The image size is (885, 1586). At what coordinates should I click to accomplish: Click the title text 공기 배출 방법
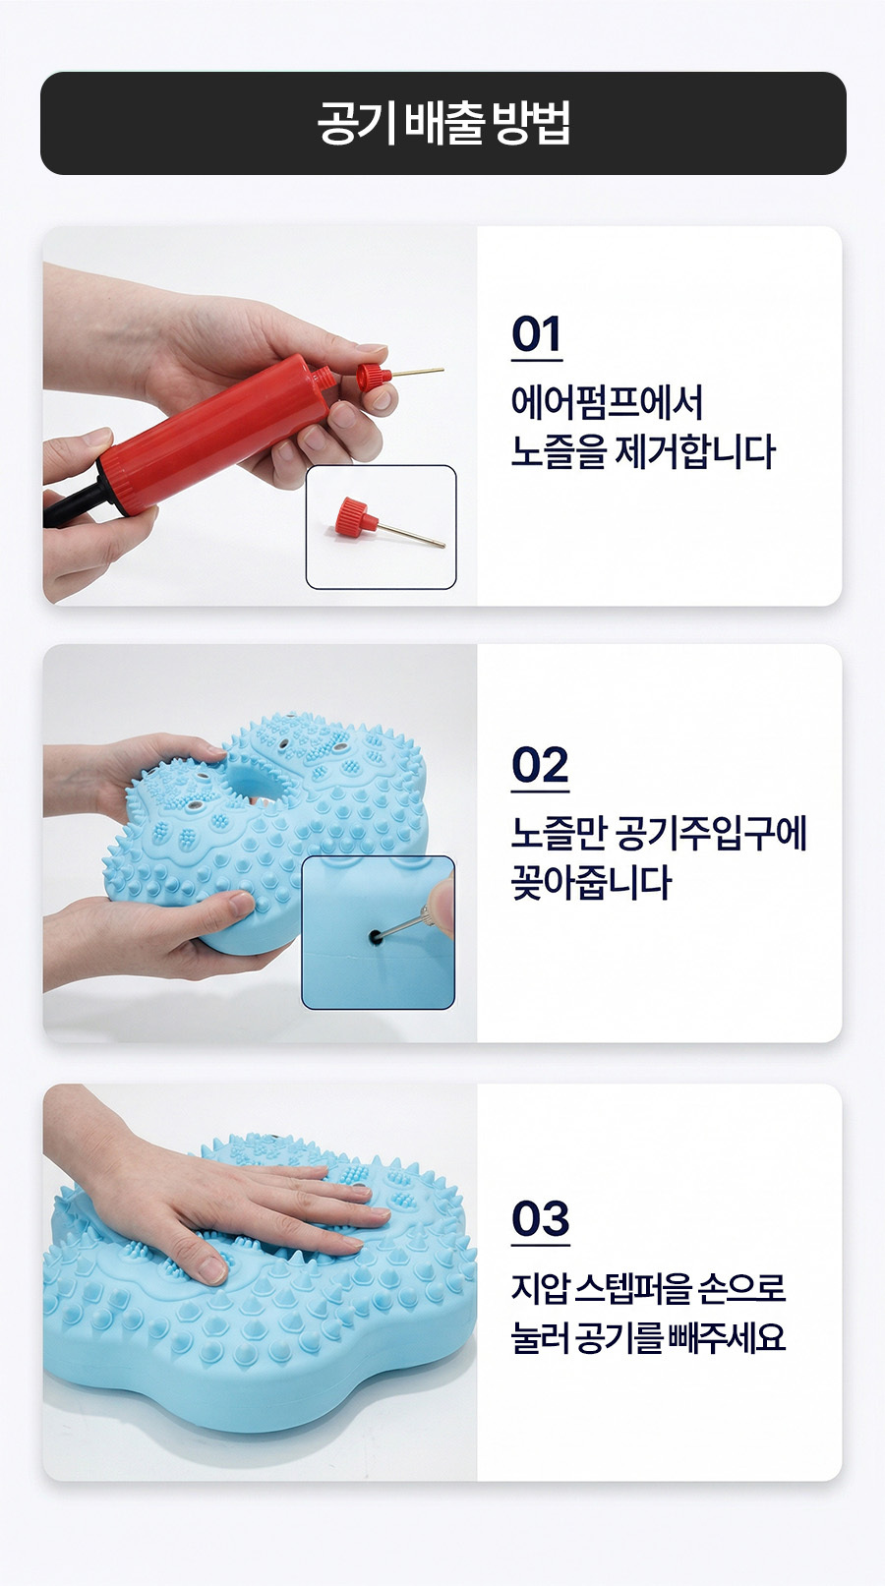pyautogui.click(x=443, y=123)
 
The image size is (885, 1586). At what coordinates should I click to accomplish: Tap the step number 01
pyautogui.click(x=536, y=334)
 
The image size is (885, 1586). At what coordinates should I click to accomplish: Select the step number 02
pyautogui.click(x=540, y=765)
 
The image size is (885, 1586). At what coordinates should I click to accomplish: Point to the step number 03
pyautogui.click(x=540, y=1218)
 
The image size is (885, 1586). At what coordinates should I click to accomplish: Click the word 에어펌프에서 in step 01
pyautogui.click(x=607, y=403)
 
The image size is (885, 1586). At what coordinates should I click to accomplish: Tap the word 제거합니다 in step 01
pyautogui.click(x=694, y=451)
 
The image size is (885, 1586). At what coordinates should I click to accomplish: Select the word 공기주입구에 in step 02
pyautogui.click(x=711, y=834)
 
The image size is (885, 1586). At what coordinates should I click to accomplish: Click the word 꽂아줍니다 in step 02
pyautogui.click(x=591, y=883)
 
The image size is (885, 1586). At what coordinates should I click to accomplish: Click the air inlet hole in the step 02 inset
pyautogui.click(x=376, y=939)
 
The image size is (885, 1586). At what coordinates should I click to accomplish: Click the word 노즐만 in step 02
pyautogui.click(x=559, y=834)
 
